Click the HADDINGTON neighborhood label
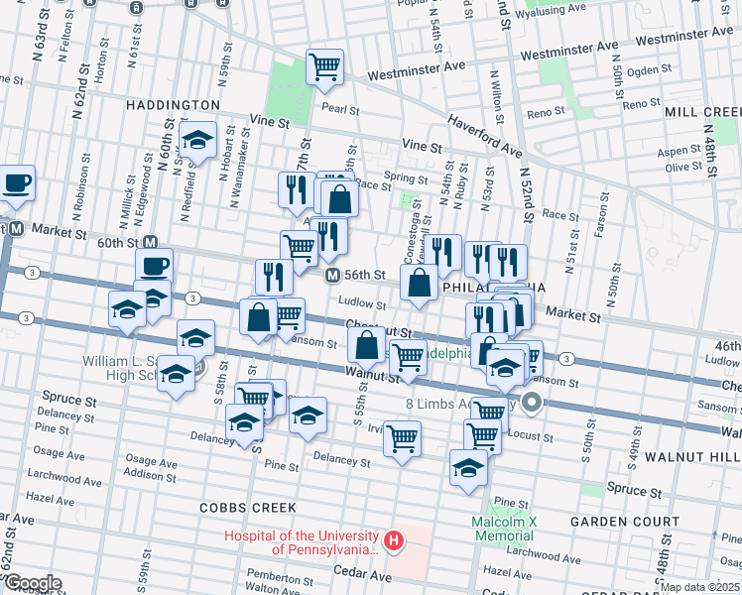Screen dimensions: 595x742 (x=173, y=104)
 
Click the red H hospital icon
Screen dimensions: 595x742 (x=394, y=541)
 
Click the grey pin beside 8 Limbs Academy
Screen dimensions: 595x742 (x=533, y=403)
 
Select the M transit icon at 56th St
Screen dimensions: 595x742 (x=333, y=275)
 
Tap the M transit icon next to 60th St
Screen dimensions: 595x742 (x=151, y=243)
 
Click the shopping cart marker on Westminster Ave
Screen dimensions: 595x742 (x=324, y=67)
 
